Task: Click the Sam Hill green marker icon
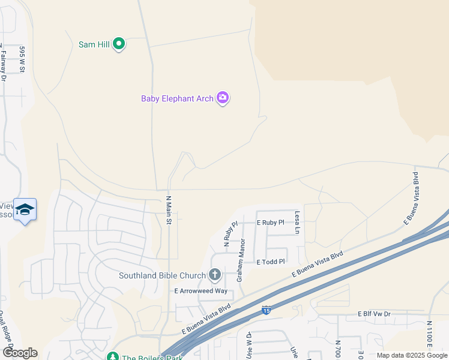pyautogui.click(x=119, y=44)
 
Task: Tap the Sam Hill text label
pyautogui.click(x=94, y=44)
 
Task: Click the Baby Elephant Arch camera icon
pyautogui.click(x=223, y=98)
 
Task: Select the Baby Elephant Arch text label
pyautogui.click(x=177, y=98)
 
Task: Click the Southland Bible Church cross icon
pyautogui.click(x=214, y=275)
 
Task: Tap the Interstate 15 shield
pyautogui.click(x=265, y=310)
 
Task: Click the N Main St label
pyautogui.click(x=169, y=210)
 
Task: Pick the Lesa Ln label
pyautogui.click(x=297, y=222)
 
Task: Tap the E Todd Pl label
pyautogui.click(x=270, y=262)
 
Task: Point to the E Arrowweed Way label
pyautogui.click(x=201, y=291)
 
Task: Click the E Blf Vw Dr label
pyautogui.click(x=374, y=314)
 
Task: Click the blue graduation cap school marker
pyautogui.click(x=25, y=210)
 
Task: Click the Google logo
pyautogui.click(x=20, y=353)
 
